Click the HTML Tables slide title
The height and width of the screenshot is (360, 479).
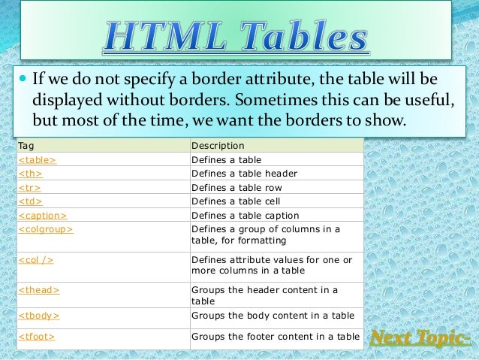(x=236, y=35)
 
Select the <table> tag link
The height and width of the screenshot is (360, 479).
(x=37, y=159)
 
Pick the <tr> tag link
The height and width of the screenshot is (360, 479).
(x=29, y=187)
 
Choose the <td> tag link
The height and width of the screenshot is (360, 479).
(x=30, y=201)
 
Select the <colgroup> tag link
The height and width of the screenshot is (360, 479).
(x=45, y=228)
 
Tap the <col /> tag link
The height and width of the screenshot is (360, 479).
(x=35, y=259)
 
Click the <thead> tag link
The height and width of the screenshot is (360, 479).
(x=38, y=289)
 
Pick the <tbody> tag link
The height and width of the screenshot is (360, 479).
(x=38, y=316)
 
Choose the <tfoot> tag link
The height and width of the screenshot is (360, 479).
(x=37, y=337)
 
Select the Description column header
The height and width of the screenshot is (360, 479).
(x=218, y=145)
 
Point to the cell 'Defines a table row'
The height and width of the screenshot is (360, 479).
(x=238, y=187)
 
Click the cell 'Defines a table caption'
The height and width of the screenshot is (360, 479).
(x=245, y=215)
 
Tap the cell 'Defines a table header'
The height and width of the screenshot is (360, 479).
(x=245, y=174)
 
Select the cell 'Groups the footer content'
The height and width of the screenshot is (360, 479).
(x=276, y=337)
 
